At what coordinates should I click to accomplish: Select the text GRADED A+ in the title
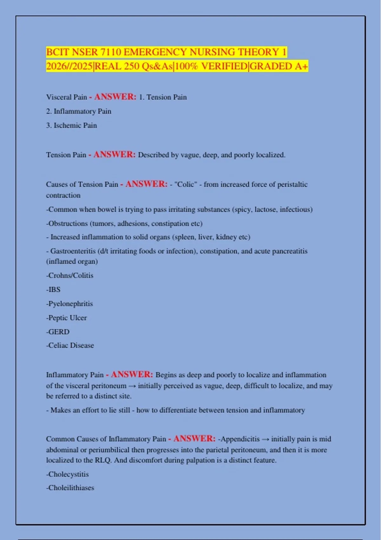279,66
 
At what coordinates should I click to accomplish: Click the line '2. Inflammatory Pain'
79,111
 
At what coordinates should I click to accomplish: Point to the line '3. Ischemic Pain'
71,125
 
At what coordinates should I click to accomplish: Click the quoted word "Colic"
186,185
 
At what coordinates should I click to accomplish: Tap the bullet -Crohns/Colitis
70,275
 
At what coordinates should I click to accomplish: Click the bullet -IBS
53,290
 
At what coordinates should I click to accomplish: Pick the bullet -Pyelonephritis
70,304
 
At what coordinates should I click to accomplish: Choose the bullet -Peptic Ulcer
66,318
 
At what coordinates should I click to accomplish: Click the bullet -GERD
58,332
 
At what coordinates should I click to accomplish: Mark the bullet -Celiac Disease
70,346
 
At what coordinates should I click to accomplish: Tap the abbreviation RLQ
103,460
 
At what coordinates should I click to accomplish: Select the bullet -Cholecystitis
67,474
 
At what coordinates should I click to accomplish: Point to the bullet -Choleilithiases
70,488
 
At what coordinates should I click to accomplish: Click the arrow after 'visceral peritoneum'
132,386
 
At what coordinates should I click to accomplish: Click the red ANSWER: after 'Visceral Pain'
115,97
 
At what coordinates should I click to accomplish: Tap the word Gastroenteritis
73,251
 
